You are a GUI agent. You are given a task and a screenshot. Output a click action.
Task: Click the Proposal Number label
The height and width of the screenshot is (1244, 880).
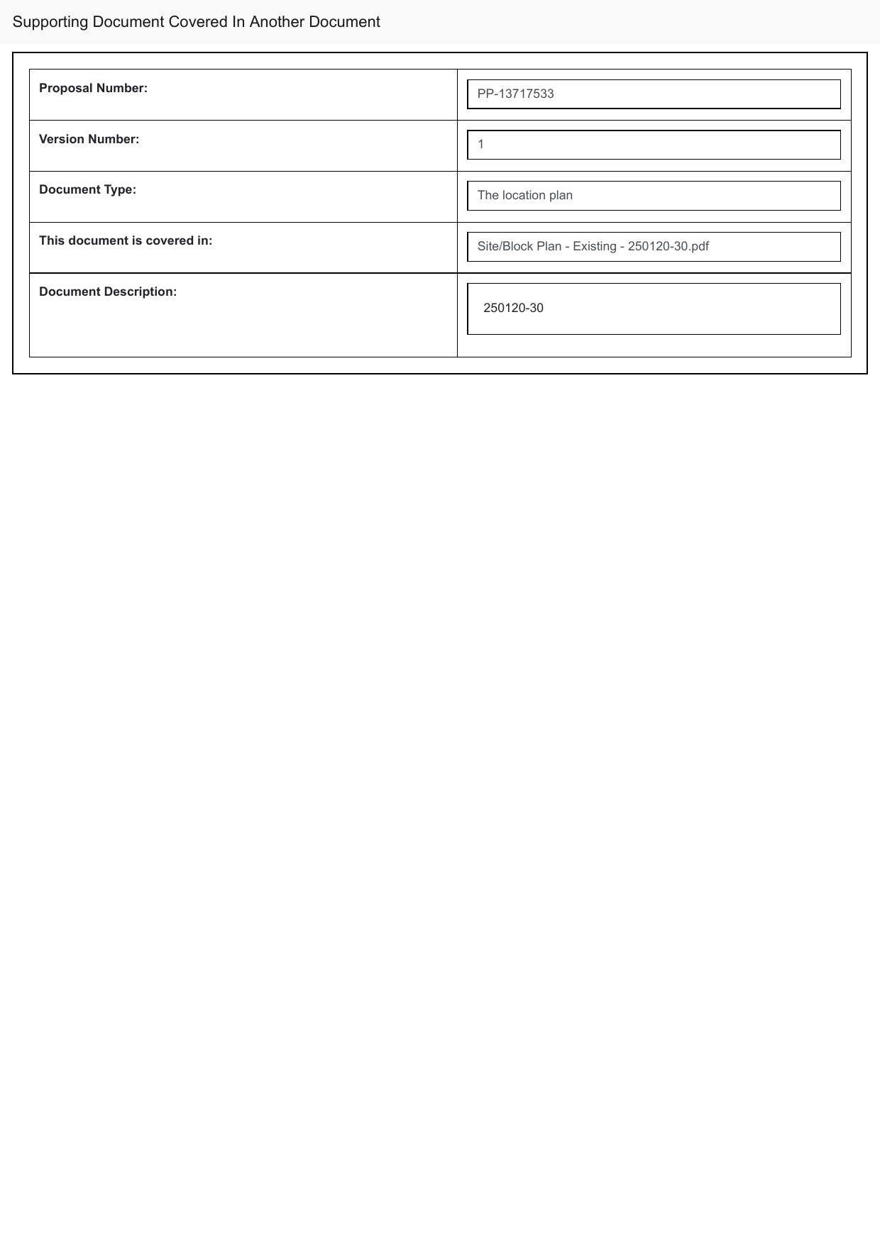coord(93,88)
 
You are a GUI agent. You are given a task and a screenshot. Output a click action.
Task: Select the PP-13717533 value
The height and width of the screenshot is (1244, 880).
coord(515,94)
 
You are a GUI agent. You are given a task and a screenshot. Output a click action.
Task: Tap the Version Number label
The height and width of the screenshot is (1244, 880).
coord(89,139)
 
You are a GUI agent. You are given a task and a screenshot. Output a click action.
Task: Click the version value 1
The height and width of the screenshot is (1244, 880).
coord(480,145)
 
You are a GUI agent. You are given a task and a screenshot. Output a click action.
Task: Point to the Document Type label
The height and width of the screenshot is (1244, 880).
coord(87,189)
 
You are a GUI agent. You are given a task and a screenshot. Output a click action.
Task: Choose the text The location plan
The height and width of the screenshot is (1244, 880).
coord(524,195)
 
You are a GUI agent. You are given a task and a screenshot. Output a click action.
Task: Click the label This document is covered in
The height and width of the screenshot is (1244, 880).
coord(126,240)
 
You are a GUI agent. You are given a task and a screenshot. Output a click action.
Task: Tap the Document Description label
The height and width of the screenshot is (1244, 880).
coord(108,291)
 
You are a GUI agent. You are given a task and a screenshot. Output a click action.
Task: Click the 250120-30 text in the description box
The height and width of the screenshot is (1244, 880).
coord(513,308)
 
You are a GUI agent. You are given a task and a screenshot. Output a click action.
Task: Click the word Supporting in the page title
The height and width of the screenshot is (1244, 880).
coord(50,22)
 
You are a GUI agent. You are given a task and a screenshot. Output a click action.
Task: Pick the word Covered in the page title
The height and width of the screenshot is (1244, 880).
coord(197,22)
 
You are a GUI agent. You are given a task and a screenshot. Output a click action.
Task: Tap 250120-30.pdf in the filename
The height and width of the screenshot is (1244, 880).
coord(668,246)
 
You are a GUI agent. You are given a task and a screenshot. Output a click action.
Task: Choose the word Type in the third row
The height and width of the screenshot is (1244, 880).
coord(121,189)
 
